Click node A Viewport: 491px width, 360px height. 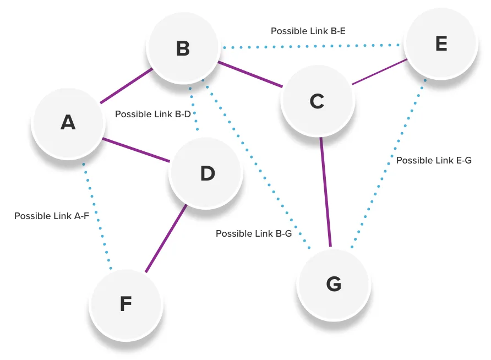tap(68, 122)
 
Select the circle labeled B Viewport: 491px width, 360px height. tap(183, 48)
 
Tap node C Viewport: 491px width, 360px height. tap(317, 101)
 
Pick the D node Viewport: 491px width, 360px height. tap(206, 173)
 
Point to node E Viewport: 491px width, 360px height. tap(441, 43)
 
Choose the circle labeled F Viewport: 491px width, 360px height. tap(126, 304)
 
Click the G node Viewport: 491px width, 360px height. tap(334, 284)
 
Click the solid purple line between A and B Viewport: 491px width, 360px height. tap(127, 86)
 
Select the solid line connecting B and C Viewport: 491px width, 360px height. tap(250, 74)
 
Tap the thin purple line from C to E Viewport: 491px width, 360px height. tap(379, 72)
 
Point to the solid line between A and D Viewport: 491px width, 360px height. tap(136, 150)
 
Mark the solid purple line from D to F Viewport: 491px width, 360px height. tap(166, 238)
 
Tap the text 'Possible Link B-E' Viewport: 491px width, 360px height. tap(308, 31)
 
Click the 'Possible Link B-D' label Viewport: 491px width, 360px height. tap(152, 114)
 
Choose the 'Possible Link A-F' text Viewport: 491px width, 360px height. tap(52, 216)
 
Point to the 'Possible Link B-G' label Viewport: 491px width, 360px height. tap(253, 233)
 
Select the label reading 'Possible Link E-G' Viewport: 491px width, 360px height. tap(434, 160)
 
